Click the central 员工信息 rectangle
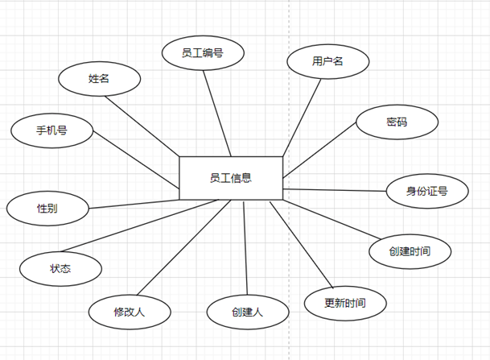coord(231,178)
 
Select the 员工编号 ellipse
coord(203,53)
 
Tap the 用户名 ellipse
coord(327,61)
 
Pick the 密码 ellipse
coord(397,122)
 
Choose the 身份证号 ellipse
coord(427,191)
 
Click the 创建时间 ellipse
coord(410,251)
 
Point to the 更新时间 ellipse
coord(345,303)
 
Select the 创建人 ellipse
coord(248,312)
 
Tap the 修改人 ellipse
coord(130,312)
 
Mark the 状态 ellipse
coord(60,269)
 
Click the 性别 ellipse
coord(47,209)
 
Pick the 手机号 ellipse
coord(51,130)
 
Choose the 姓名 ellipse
coord(100,79)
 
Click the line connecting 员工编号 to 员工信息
coord(217,114)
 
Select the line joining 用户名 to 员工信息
coord(302,118)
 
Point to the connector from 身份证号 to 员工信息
coord(335,190)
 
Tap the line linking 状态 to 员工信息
coord(140,226)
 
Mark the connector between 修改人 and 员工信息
coord(184,247)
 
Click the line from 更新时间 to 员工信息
coord(302,245)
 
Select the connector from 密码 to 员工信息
coord(319,150)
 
